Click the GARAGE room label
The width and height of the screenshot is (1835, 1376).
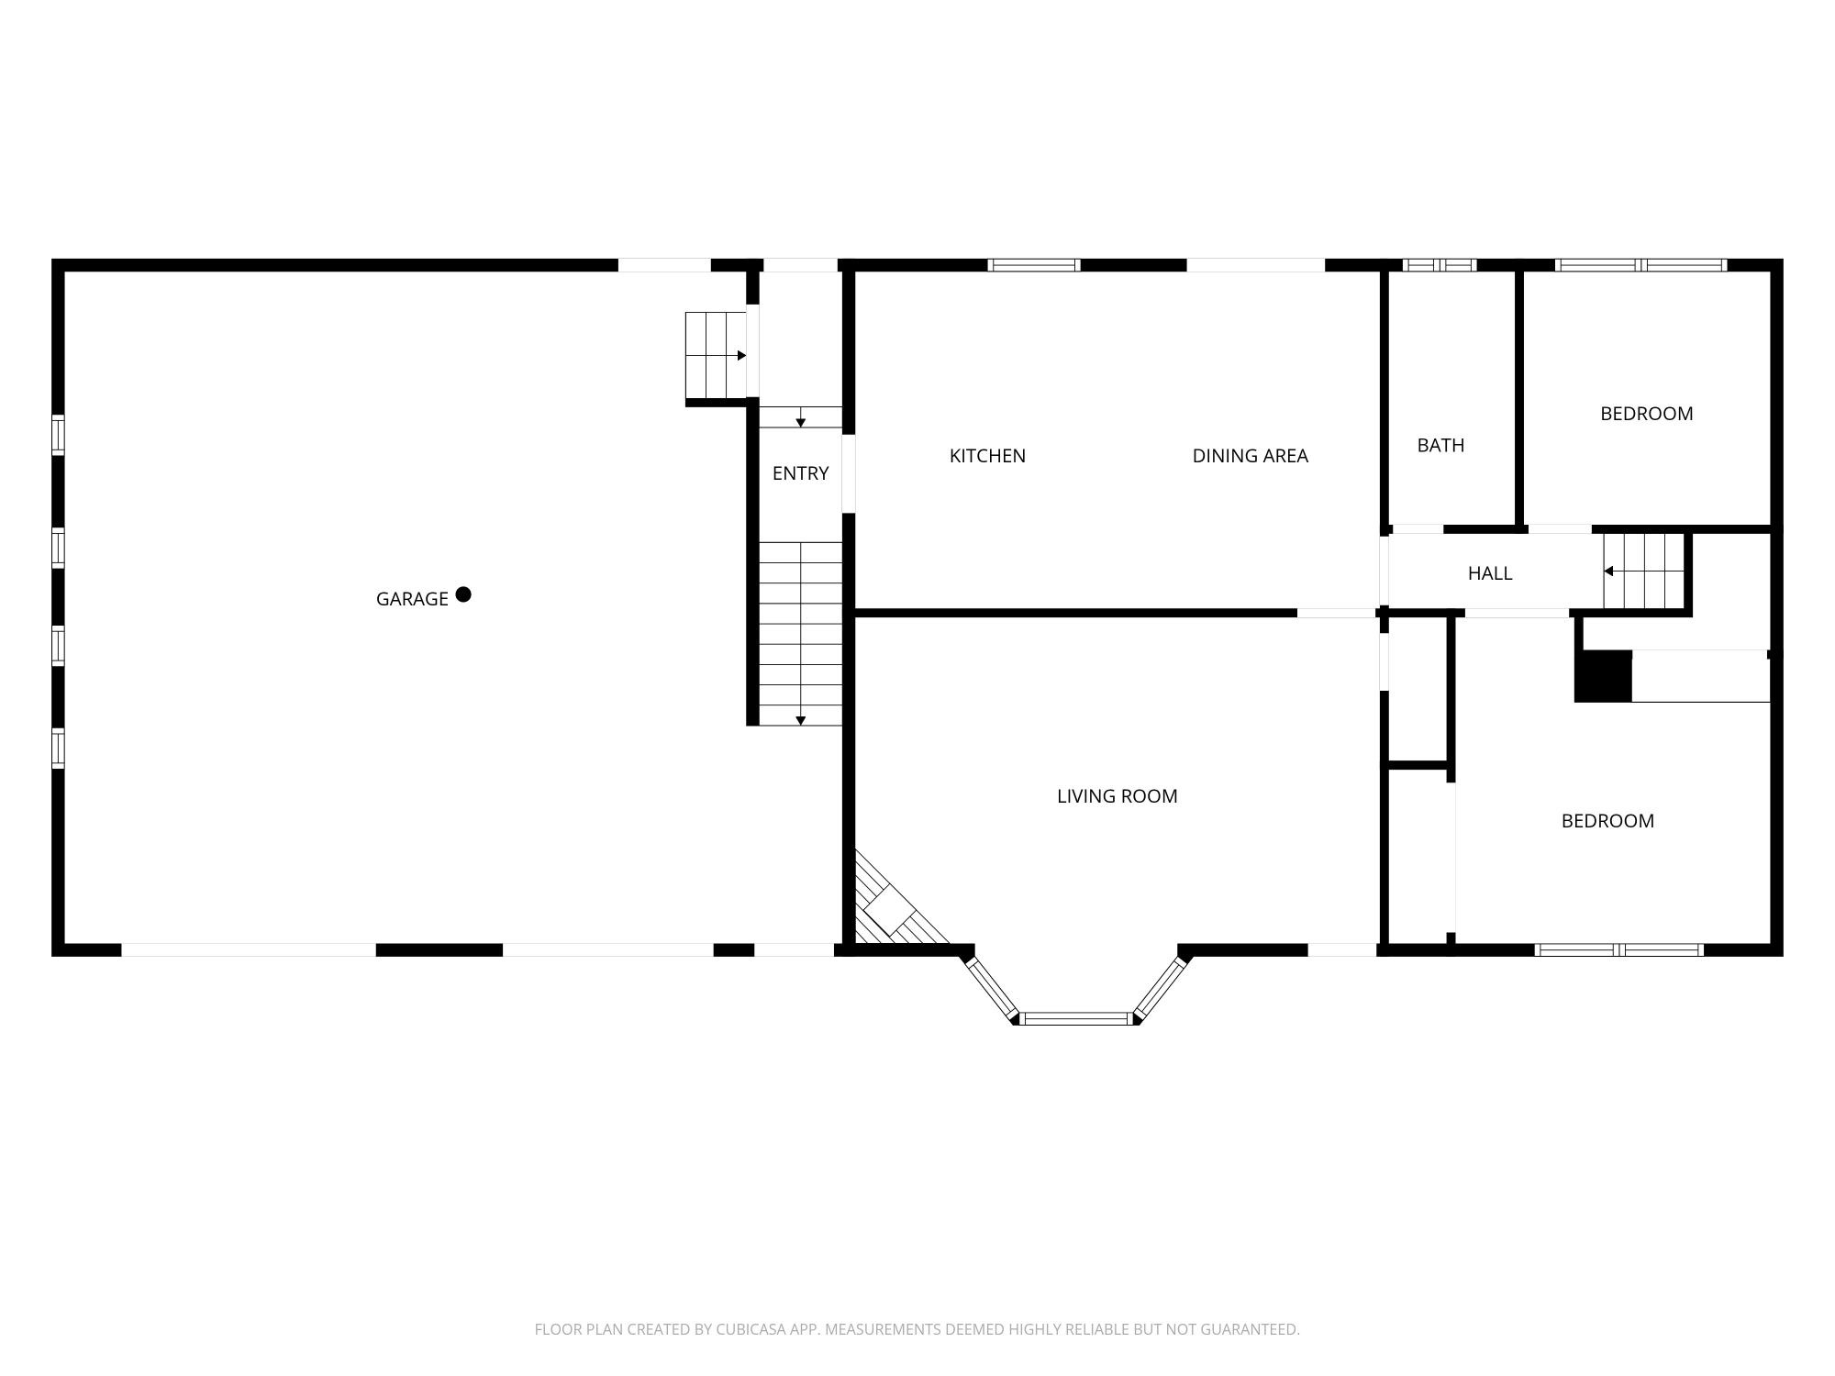[x=412, y=599]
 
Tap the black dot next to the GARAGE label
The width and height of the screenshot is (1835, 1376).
[x=463, y=594]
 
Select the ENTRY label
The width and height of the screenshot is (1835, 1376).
[x=800, y=473]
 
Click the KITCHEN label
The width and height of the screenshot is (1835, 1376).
[x=987, y=456]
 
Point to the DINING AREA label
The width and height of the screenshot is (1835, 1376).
[x=1250, y=456]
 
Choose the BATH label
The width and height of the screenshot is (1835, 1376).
[x=1440, y=446]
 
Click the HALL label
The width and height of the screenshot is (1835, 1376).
[x=1490, y=573]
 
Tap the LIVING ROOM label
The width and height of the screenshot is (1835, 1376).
[x=1117, y=796]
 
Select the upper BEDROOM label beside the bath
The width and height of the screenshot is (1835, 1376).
[x=1646, y=414]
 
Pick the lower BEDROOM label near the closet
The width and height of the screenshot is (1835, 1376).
[x=1607, y=821]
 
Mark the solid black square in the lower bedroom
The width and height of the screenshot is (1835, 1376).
[x=1603, y=677]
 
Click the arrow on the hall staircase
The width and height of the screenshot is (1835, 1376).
[x=1609, y=571]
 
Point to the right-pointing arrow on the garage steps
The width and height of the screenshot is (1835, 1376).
[x=740, y=356]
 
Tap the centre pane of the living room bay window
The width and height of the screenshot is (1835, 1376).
[x=1076, y=1017]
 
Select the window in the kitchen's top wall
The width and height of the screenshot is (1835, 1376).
[x=1034, y=265]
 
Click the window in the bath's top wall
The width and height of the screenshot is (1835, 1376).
[x=1439, y=265]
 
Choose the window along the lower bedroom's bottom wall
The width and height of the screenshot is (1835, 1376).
[x=1619, y=949]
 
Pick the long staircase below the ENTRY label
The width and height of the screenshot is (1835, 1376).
[x=800, y=633]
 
